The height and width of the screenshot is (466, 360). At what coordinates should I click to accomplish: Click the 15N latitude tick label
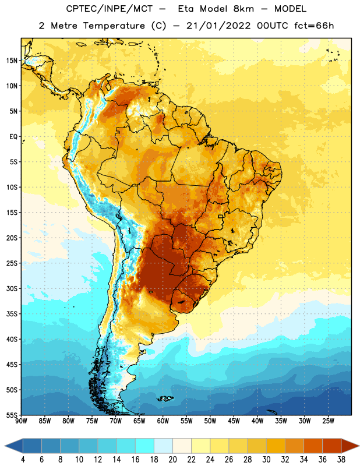[x=12, y=61]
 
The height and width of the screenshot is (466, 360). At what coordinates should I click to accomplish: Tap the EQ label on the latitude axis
[x=13, y=137]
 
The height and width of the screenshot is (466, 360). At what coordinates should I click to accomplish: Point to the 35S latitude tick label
[x=12, y=314]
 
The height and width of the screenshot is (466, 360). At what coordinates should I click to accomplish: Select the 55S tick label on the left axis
[x=12, y=415]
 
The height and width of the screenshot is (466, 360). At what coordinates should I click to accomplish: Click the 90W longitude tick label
[x=21, y=421]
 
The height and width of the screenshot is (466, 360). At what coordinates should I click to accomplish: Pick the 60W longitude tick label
[x=163, y=421]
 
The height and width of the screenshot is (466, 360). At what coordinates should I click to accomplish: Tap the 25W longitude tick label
[x=328, y=421]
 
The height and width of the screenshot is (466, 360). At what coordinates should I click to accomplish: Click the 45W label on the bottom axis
[x=234, y=421]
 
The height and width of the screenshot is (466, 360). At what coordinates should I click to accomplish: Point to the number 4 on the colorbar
[x=23, y=460]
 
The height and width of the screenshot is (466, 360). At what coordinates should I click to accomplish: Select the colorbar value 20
[x=172, y=460]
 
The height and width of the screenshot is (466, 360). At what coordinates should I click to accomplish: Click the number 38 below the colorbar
[x=341, y=460]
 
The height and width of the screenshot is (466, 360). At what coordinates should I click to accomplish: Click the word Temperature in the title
[x=114, y=26]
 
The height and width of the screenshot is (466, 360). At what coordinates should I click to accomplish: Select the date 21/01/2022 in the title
[x=219, y=26]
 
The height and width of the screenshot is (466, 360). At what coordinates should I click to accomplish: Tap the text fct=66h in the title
[x=314, y=26]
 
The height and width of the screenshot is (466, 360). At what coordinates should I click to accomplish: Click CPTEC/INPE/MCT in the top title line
[x=110, y=9]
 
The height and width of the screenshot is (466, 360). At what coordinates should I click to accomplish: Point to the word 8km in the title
[x=243, y=9]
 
